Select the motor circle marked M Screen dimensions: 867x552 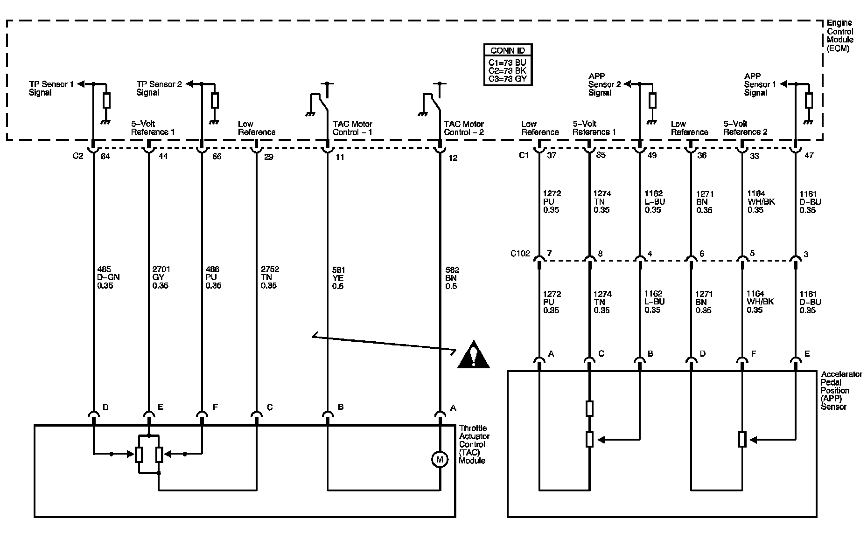[x=439, y=460]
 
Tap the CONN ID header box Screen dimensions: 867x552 [x=508, y=50]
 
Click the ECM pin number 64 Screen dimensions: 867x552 [x=105, y=157]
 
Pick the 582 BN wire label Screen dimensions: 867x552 [x=452, y=278]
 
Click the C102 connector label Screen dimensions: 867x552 [x=520, y=254]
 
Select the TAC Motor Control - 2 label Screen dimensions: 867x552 [x=464, y=128]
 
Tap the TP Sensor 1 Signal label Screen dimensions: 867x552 [x=51, y=88]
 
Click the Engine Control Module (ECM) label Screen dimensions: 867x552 [x=839, y=35]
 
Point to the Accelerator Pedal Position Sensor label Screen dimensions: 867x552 [x=835, y=390]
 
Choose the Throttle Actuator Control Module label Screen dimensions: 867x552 [x=474, y=444]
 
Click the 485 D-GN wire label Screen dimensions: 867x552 [x=108, y=277]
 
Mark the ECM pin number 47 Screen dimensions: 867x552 [x=809, y=156]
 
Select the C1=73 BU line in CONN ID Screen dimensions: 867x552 [x=507, y=62]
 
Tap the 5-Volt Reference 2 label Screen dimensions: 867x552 [x=745, y=128]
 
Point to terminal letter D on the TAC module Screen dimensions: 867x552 [x=105, y=407]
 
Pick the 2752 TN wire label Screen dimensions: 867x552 [x=269, y=277]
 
